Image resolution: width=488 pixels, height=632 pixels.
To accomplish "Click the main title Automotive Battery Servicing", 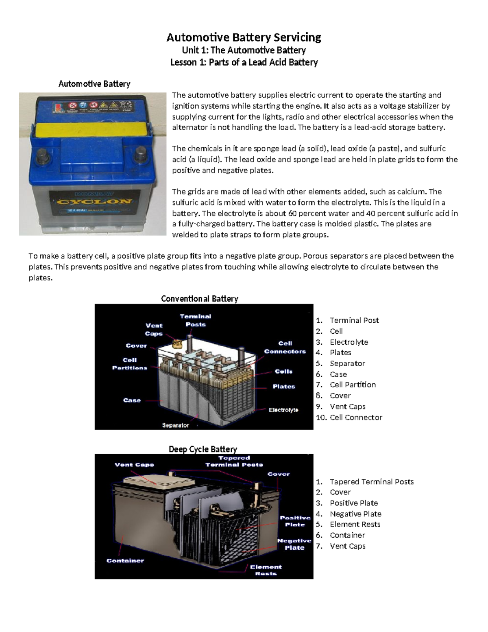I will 244,37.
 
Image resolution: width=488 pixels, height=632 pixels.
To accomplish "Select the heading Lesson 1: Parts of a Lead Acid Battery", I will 244,62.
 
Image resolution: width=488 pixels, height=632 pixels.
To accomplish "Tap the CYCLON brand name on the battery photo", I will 94,201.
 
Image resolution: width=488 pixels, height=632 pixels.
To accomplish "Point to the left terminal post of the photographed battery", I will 43,155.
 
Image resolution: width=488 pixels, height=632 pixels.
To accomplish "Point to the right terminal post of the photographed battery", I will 141,153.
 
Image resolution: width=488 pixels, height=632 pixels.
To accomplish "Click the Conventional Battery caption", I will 199,299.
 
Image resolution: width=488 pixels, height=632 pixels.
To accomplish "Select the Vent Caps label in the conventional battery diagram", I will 154,330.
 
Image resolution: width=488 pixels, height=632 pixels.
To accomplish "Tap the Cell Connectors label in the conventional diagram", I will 285,347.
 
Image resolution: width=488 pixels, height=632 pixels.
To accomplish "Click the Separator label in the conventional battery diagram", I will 175,425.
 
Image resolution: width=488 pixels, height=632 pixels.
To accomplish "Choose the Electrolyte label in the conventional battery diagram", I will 283,410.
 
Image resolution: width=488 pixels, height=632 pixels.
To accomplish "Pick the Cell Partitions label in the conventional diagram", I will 130,364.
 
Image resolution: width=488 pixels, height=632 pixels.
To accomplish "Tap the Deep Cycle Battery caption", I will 203,449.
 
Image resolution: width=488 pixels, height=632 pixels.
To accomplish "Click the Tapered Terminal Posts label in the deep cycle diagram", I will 234,461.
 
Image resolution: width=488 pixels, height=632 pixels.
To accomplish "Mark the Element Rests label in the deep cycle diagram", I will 266,570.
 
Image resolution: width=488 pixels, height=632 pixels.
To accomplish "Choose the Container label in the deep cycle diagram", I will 125,560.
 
